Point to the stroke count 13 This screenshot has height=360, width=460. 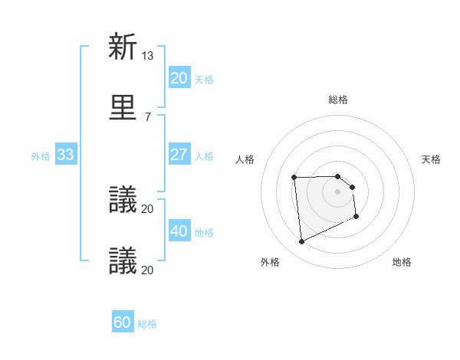148,55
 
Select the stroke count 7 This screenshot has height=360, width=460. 148,116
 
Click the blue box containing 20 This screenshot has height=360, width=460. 179,78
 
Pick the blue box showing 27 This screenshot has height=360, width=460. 179,155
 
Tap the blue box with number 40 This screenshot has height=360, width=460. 179,231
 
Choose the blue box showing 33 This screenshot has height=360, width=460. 65,155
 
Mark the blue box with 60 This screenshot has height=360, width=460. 123,323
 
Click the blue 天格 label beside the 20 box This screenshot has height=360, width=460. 204,79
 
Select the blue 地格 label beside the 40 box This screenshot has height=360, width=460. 204,232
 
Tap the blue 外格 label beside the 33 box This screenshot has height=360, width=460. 41,155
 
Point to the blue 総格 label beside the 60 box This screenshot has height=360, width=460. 147,324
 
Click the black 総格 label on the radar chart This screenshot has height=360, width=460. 338,100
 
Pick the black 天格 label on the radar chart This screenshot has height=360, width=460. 432,159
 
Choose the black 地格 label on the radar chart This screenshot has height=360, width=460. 402,262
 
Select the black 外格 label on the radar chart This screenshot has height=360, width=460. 270,262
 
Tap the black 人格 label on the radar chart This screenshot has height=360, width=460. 245,159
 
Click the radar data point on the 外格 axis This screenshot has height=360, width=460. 301,242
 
